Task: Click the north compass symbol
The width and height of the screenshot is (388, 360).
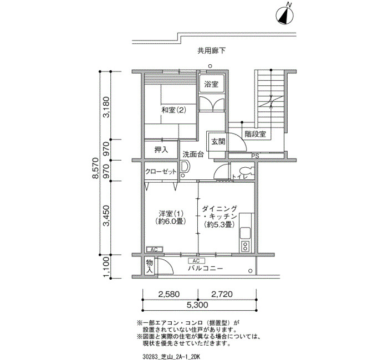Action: click(x=284, y=15)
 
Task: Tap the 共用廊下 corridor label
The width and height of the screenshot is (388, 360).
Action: click(x=212, y=51)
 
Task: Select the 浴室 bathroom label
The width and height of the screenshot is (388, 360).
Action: click(x=211, y=84)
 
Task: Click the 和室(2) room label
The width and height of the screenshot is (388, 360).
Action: click(x=173, y=110)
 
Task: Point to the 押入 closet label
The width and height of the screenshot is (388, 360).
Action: click(x=161, y=150)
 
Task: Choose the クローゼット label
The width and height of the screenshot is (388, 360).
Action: click(x=161, y=172)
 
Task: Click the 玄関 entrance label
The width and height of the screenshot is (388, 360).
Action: click(x=218, y=142)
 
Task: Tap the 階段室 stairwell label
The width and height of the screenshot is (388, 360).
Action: click(x=256, y=134)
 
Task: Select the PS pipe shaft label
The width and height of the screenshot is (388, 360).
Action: click(x=255, y=156)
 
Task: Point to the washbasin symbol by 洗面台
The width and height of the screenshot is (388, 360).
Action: click(x=185, y=167)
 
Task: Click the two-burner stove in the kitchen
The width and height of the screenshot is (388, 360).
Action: click(x=245, y=246)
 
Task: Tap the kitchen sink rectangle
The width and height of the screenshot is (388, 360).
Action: click(x=245, y=233)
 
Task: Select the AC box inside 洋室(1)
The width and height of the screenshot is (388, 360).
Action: click(x=154, y=250)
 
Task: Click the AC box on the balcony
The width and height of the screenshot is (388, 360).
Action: click(x=196, y=261)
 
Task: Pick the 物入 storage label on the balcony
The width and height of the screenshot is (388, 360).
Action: click(x=149, y=266)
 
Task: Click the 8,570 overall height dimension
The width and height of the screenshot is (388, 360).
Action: click(x=95, y=168)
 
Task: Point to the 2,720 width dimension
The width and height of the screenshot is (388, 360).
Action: click(x=222, y=294)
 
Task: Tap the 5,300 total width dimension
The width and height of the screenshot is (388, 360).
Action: click(x=197, y=305)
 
